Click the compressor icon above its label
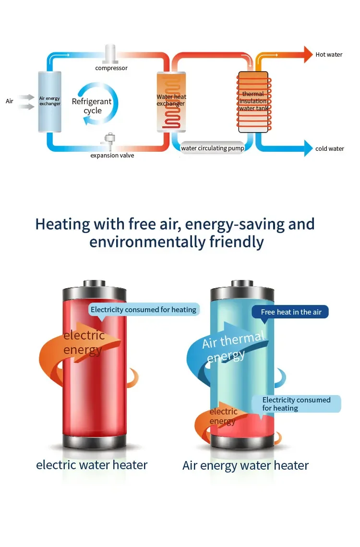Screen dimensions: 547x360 pos(111,53)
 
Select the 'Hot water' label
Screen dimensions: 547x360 pos(329,55)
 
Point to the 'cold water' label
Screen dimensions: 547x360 pos(330,149)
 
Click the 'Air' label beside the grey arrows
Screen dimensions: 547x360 pos(10,101)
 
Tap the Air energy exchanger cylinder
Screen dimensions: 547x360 pos(49,101)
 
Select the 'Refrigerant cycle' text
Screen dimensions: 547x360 pos(92,106)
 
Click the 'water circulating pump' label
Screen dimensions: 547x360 pos(213,148)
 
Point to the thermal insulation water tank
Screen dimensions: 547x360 pos(253,101)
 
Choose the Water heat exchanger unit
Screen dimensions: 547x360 pos(171,101)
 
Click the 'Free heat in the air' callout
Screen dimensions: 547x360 pos(291,312)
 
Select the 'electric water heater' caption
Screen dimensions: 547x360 pos(92,465)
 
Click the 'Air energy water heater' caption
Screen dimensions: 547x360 pos(245,466)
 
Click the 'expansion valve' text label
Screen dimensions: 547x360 pos(112,156)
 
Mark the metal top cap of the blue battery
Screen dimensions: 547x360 pos(242,290)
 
